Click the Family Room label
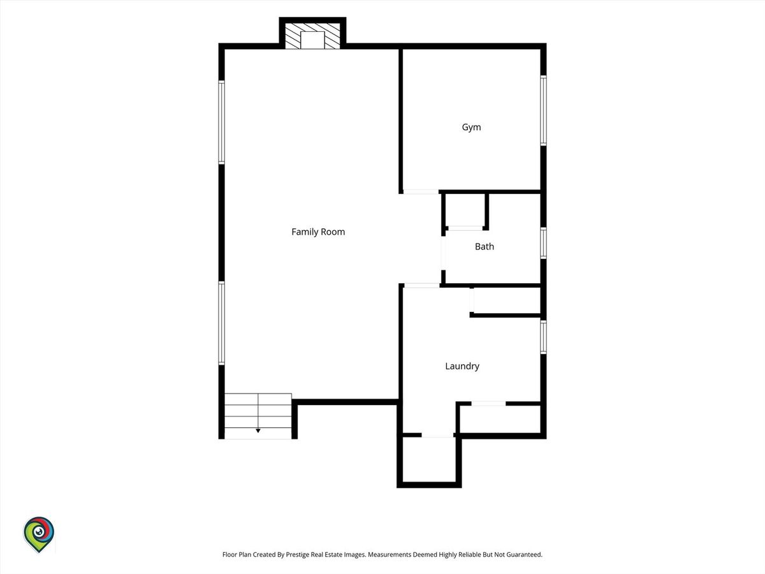(318, 232)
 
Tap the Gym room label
(472, 127)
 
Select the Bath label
(484, 247)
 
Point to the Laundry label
(462, 366)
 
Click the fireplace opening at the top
(312, 40)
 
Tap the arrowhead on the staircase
(258, 430)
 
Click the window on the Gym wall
(543, 110)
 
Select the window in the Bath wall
(543, 243)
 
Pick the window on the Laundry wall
(543, 337)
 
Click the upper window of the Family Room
(221, 122)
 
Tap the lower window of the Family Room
(221, 323)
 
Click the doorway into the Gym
(421, 192)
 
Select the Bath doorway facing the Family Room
(443, 253)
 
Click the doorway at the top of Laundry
(422, 286)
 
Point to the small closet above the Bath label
(465, 210)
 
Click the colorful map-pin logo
(39, 534)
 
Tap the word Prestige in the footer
(298, 554)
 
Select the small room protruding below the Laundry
(430, 459)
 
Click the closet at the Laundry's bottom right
(500, 419)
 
